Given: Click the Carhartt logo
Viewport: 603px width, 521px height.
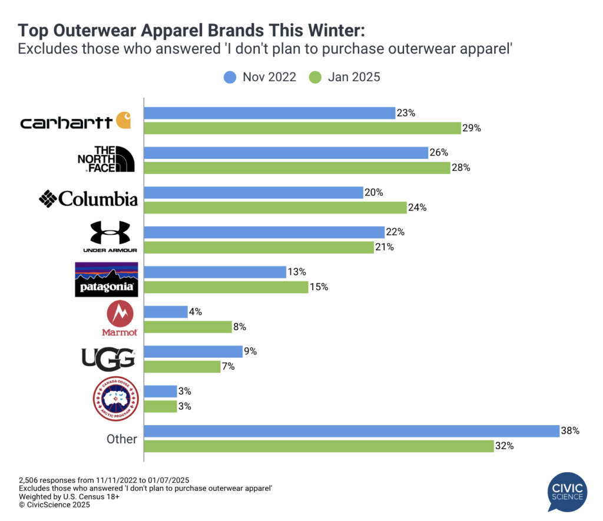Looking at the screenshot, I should (75, 121).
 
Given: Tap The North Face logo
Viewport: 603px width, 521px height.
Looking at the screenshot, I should (107, 159).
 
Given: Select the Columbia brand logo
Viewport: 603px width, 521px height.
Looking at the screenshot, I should (88, 199).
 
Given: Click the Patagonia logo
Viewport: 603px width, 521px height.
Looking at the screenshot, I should (106, 279).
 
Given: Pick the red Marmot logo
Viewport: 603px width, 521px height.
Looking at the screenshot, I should (119, 318).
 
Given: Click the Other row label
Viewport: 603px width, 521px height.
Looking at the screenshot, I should (122, 439).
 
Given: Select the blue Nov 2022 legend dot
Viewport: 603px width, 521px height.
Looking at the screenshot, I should (230, 77).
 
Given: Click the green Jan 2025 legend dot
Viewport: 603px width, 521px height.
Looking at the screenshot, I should (315, 77).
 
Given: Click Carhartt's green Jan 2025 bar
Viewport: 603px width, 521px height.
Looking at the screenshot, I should (302, 128).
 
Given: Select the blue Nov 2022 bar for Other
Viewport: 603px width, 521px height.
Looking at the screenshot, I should (351, 431).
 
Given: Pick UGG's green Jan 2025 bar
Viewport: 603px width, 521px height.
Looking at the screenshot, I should (182, 366).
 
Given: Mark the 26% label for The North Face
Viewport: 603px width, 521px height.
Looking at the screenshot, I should (439, 152).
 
